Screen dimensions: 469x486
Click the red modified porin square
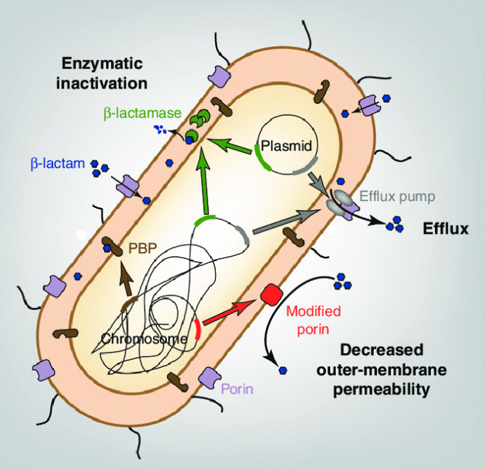pos(268,295)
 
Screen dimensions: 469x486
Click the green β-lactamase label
pos(137,112)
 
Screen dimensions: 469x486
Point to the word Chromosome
pos(145,339)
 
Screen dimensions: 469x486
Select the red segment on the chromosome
pos(200,328)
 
